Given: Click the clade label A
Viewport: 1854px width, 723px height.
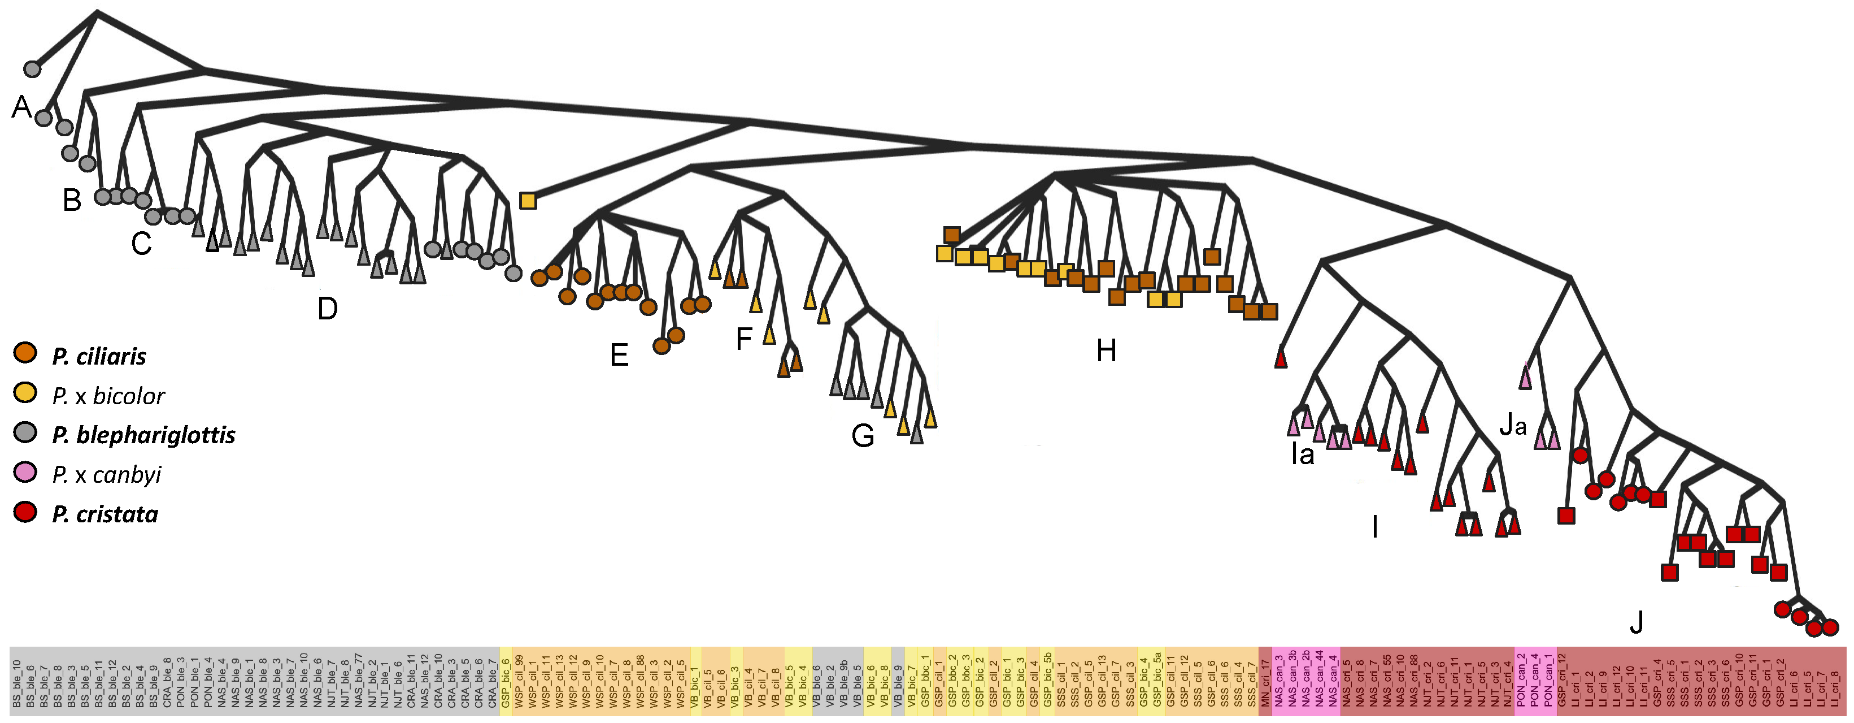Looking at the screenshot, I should (21, 107).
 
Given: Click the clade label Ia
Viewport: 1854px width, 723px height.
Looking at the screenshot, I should (1302, 454).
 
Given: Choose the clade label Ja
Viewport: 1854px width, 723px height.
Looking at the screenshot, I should (1512, 426).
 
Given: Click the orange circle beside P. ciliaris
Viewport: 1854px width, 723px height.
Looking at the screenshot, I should (25, 353).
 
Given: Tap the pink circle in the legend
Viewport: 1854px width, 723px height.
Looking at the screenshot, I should (25, 473).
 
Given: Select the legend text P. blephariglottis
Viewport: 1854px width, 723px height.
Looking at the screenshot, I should (143, 435).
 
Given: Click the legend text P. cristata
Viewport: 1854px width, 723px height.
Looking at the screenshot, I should (105, 514).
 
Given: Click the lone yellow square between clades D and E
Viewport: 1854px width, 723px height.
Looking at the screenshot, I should (528, 201).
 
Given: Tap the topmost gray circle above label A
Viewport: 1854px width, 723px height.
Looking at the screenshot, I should (32, 69).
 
